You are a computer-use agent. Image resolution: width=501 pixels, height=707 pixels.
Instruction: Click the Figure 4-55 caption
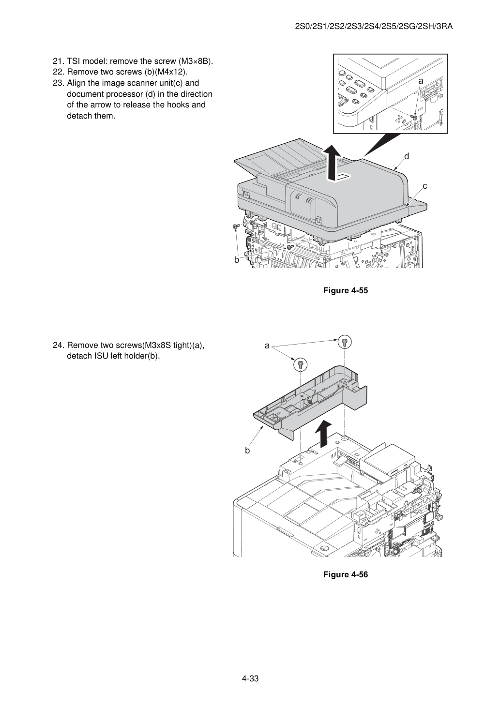coord(345,290)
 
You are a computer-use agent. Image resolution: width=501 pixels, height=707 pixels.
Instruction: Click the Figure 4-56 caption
coord(345,574)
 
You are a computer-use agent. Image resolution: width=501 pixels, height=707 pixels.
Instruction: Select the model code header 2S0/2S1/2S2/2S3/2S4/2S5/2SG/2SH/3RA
coord(374,27)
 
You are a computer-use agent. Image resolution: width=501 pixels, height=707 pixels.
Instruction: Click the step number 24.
coord(59,346)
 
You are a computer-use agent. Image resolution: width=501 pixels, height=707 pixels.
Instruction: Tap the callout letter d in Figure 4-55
coord(407,156)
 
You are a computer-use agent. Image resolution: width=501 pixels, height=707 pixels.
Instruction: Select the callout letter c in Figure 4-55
coord(425,186)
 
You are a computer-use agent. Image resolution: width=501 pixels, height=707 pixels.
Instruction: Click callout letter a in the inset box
coord(421,81)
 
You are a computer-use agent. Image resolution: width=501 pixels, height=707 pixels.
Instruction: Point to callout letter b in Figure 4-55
coord(236,260)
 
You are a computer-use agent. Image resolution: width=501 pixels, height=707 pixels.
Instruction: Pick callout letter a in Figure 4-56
coord(267,346)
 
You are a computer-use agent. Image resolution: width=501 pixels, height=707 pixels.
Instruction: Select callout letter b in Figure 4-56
coord(247,451)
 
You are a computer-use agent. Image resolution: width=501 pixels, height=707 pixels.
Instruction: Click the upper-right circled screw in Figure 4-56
coord(345,342)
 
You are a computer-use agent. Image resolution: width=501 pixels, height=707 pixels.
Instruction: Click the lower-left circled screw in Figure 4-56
coord(300,365)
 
